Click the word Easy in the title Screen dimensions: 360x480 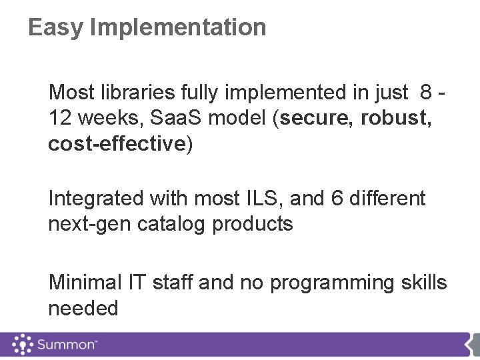tap(56, 28)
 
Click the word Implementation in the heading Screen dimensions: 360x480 tap(177, 28)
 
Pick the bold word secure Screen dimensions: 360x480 tap(315, 118)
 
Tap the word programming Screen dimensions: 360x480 tap(330, 283)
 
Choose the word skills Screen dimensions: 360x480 tap(422, 283)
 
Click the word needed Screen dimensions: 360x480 tap(83, 309)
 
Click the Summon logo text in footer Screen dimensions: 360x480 tap(67, 345)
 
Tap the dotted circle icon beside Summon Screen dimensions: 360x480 tap(21, 345)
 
